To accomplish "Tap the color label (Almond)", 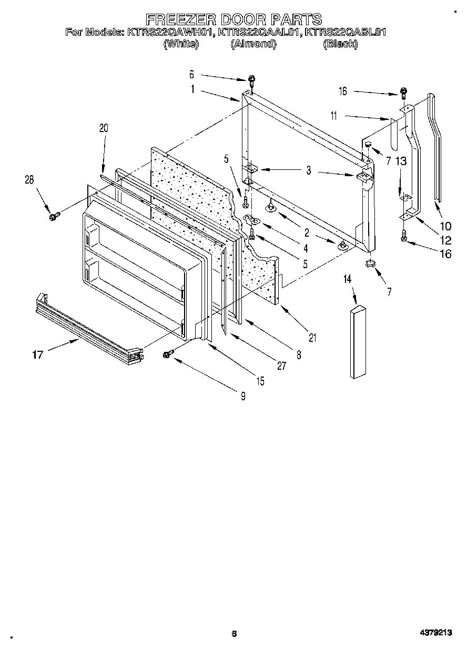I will point(253,44).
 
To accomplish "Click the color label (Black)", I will point(340,44).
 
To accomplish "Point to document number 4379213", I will point(435,633).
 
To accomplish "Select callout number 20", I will point(103,128).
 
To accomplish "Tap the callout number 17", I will point(37,355).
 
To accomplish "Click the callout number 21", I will point(312,338).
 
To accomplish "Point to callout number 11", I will point(333,116).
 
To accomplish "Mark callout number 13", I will point(401,161).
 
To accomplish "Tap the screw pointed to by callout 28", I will point(53,216).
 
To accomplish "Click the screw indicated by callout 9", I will point(169,355).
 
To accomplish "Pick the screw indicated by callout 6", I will point(252,80).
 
